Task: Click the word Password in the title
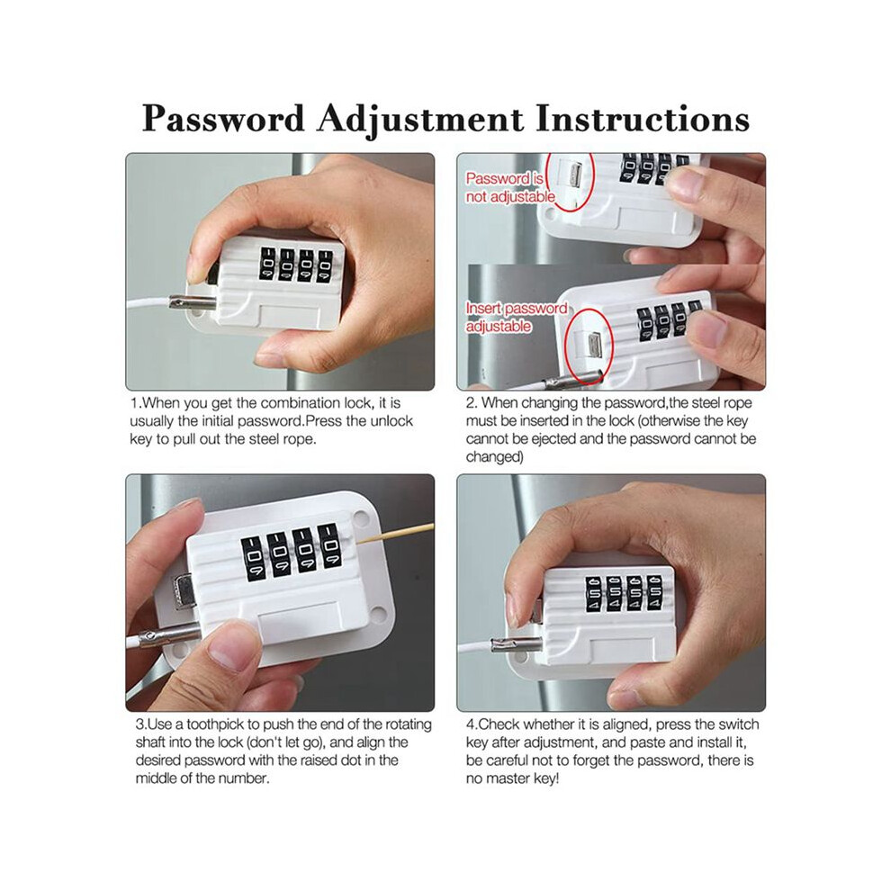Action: pos(223,119)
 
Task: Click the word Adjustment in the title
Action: pos(420,121)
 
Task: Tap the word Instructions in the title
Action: pos(642,119)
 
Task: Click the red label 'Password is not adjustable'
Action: pos(509,187)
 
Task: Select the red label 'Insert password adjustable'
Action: pos(516,317)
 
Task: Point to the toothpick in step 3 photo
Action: pos(394,535)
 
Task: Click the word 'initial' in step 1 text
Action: pos(218,421)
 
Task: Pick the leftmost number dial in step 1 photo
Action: pos(267,263)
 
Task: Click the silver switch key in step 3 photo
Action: pos(183,591)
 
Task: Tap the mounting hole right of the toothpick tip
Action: pos(360,518)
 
